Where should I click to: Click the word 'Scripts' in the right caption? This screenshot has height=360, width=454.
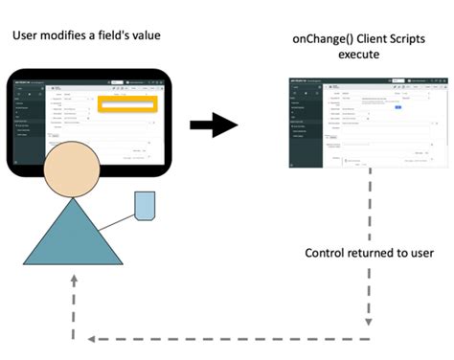point(407,37)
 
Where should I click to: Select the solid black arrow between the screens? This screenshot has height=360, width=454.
point(212,124)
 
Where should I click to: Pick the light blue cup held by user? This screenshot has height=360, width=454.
point(145,205)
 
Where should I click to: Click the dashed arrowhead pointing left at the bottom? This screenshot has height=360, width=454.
point(93,338)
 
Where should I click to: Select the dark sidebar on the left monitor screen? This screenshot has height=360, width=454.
point(28,124)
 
